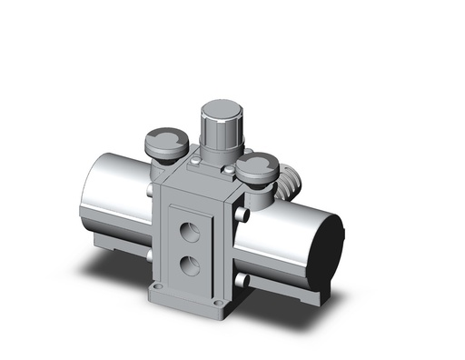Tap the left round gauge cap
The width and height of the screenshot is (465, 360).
tap(164, 143)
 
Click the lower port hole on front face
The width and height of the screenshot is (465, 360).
tap(190, 265)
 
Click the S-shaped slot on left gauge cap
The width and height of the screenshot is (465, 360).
tap(164, 140)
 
